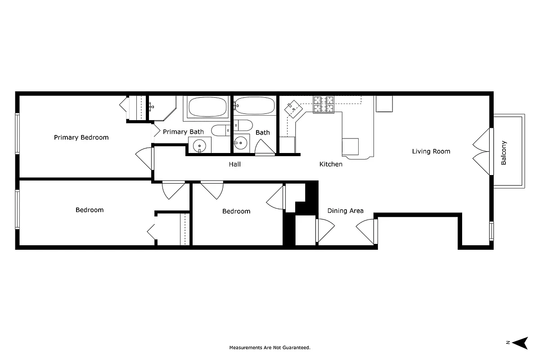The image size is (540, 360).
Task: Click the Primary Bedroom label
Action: pos(81,137)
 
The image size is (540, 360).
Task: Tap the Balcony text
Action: pos(504,153)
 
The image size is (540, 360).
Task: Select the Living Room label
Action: pos(431,151)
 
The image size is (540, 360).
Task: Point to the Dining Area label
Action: pos(345,211)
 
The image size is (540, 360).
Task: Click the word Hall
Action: pos(234,164)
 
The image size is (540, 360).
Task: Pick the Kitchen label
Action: pos(331,164)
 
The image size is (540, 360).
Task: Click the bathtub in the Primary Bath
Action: pos(208,107)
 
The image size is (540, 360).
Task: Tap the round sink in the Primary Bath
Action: pos(199,145)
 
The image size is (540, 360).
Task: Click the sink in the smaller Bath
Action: pos(241,144)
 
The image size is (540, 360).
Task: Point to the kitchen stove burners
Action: pos(324,104)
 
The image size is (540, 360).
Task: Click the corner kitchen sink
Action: pos(293,108)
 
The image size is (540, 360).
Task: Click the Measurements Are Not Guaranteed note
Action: pos(270,347)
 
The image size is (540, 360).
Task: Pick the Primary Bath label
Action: pos(183,132)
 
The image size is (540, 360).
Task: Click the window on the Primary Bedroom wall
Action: pos(18,134)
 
